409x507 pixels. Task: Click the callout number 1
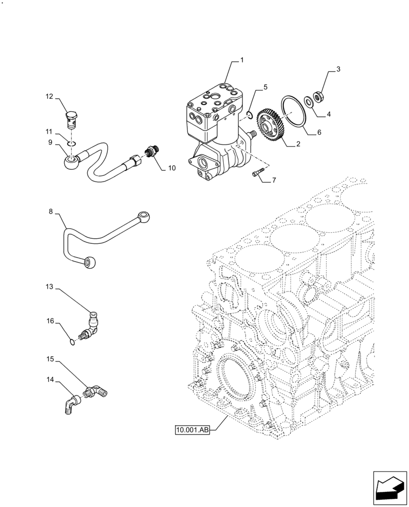tap(242, 60)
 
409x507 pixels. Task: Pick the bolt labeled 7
tap(257, 174)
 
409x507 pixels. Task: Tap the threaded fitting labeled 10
tap(150, 152)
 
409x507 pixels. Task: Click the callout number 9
tap(50, 142)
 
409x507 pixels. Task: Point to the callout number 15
tap(50, 358)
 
